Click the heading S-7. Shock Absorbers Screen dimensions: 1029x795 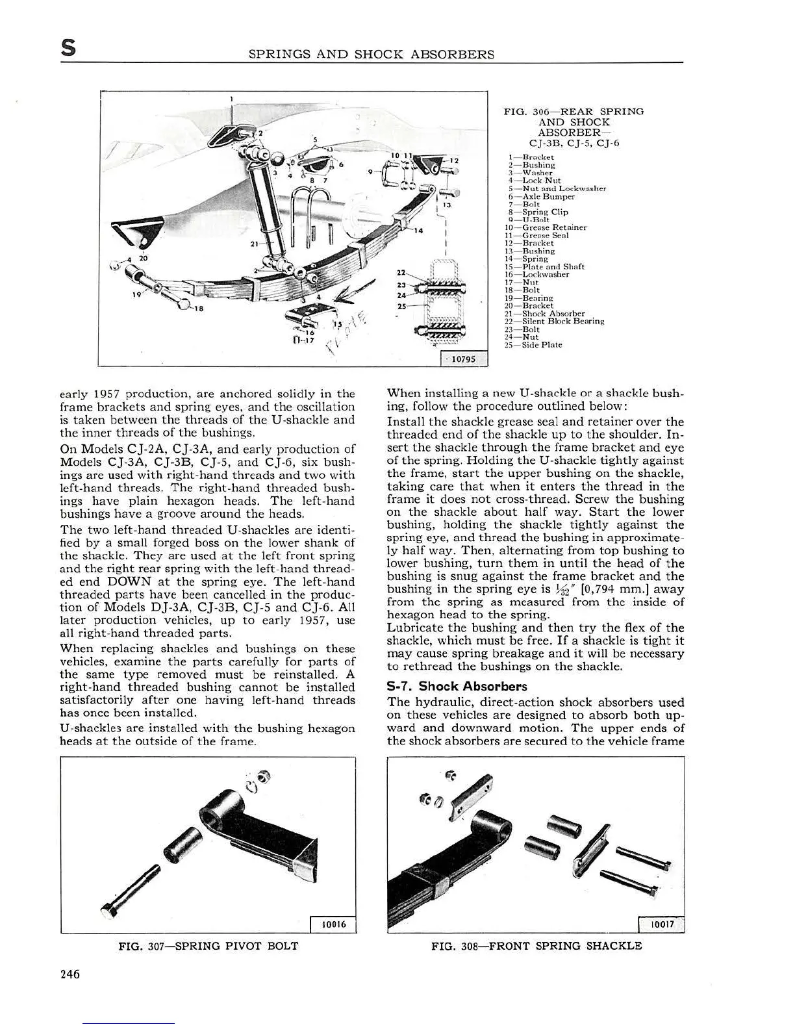click(457, 686)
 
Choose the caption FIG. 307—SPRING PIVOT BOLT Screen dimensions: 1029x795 click(208, 946)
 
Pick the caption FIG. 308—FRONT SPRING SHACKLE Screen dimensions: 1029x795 click(536, 946)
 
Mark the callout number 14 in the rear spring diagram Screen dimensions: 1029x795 click(418, 231)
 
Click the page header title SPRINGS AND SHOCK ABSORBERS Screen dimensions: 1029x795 click(371, 55)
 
